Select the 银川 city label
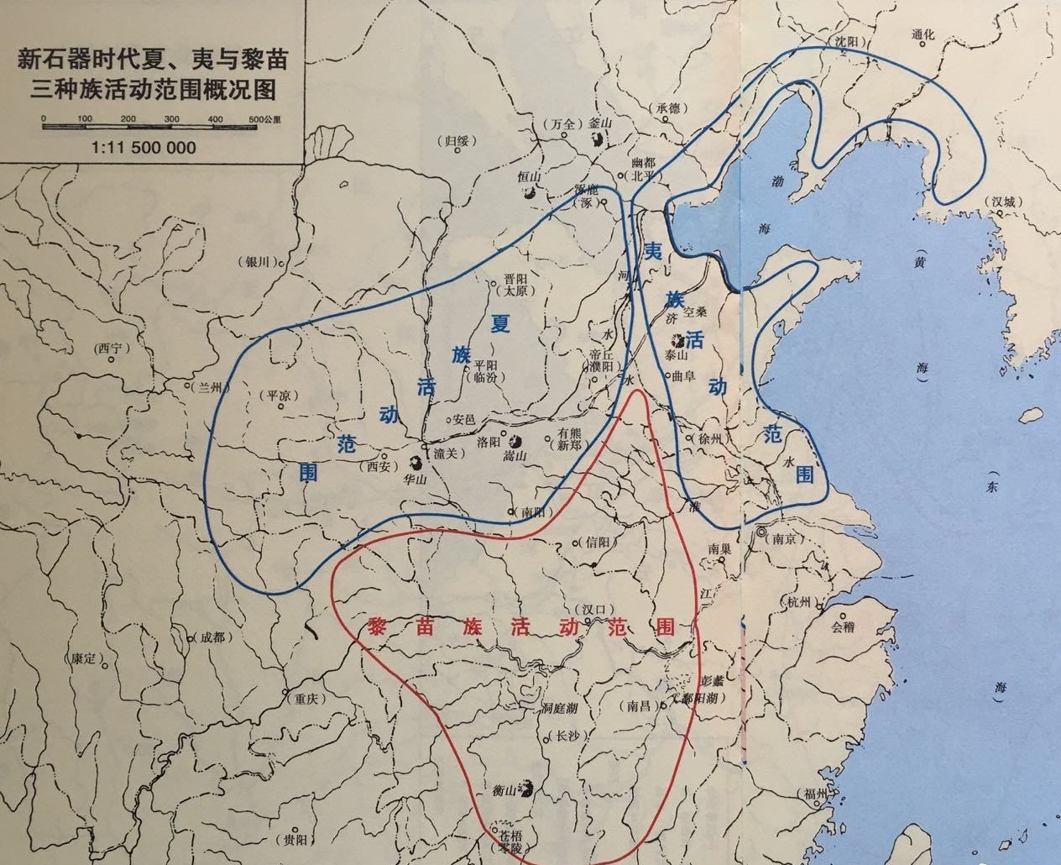(x=257, y=261)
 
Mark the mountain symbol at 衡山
(x=526, y=788)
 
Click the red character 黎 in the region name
(x=379, y=627)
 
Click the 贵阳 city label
(x=294, y=839)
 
